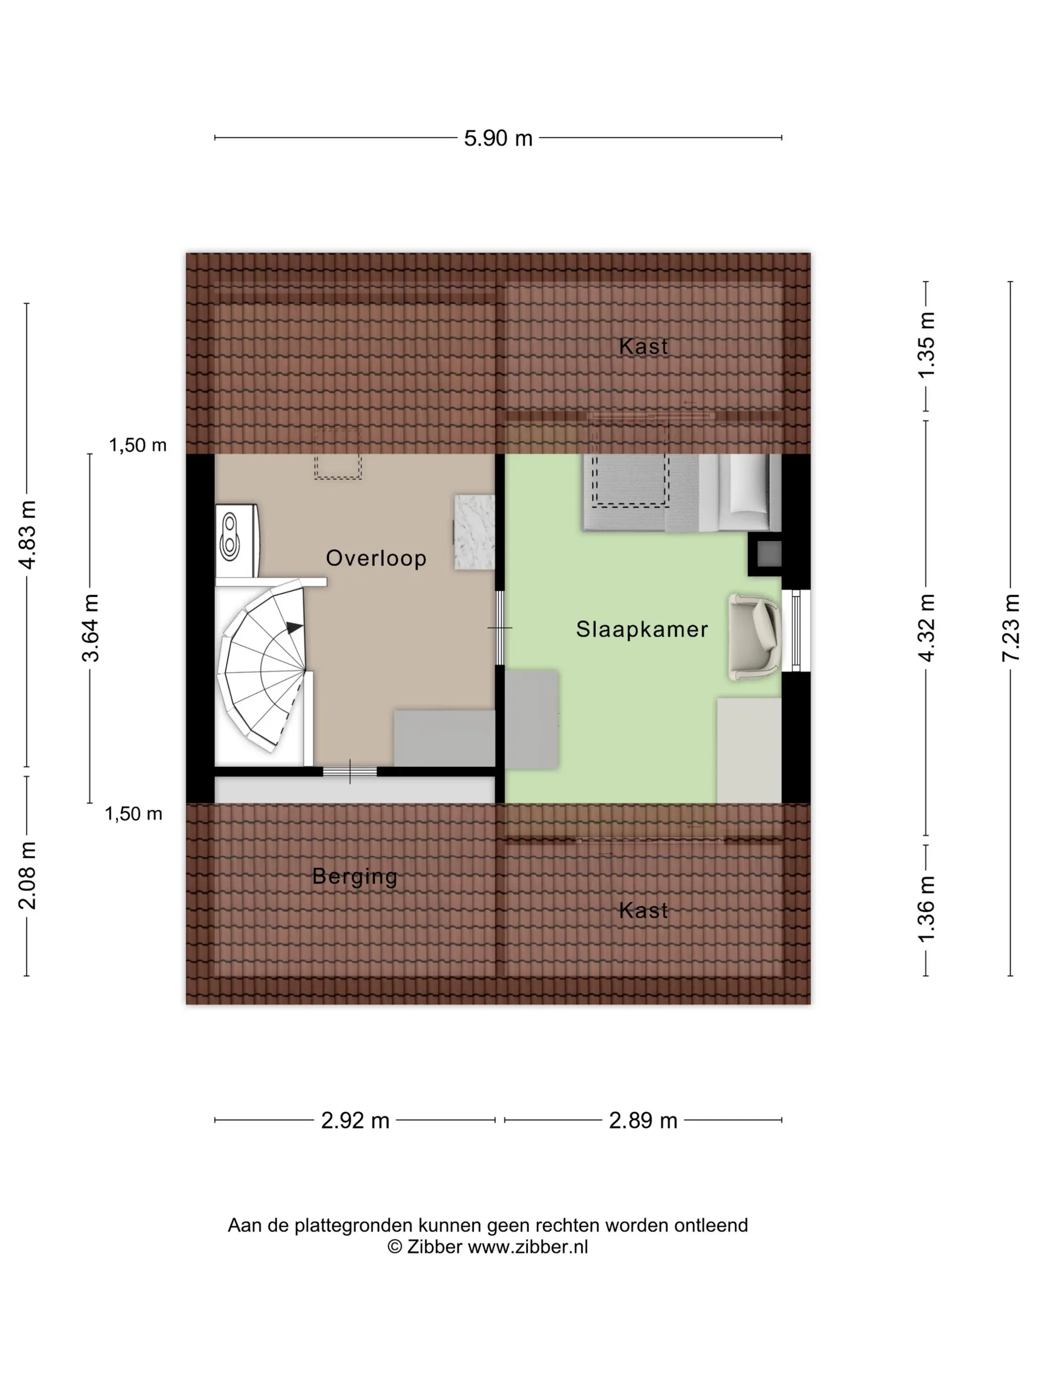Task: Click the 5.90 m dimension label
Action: point(498,138)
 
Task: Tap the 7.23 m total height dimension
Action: point(1010,627)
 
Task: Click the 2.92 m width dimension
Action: point(355,1120)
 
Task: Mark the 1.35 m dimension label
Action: point(926,344)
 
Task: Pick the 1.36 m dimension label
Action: point(926,908)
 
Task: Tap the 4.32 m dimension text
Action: point(926,627)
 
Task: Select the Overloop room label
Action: point(376,558)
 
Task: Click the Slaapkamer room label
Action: point(642,629)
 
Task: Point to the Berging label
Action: point(355,877)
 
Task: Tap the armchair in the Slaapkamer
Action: point(755,637)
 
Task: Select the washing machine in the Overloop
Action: point(237,541)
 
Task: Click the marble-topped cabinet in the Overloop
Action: point(474,532)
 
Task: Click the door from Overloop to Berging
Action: point(350,772)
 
